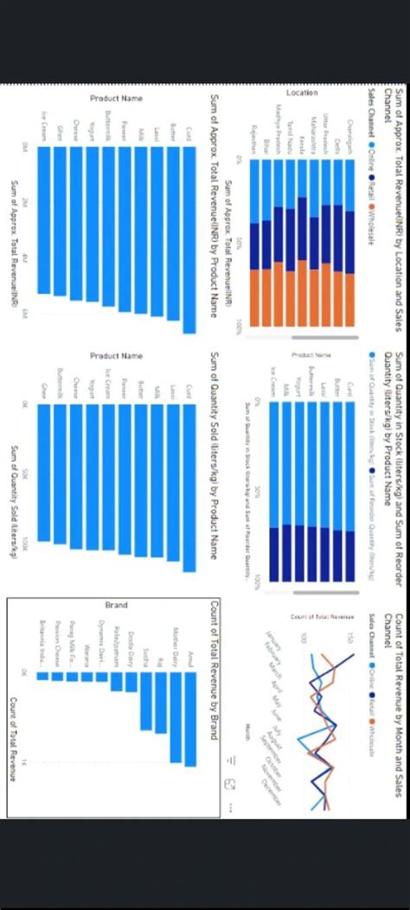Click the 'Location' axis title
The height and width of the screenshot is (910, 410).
(302, 92)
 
